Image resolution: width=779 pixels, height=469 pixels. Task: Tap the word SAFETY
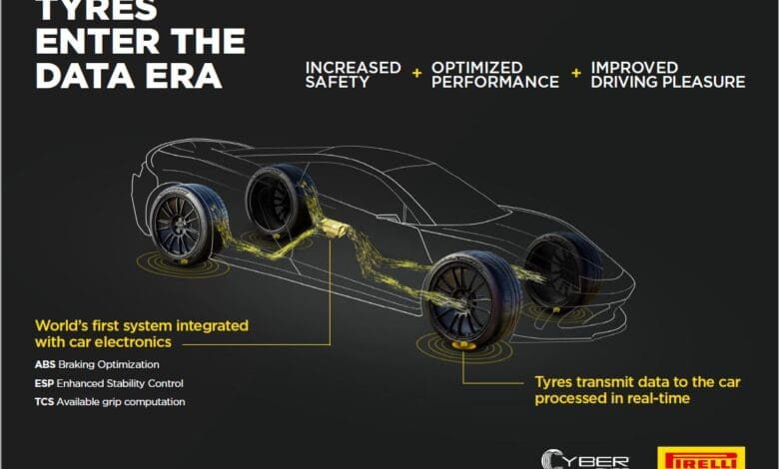337,82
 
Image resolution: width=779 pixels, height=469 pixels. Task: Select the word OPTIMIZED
476,68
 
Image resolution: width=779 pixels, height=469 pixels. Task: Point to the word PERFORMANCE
494,82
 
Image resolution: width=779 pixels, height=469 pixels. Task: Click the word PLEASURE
702,82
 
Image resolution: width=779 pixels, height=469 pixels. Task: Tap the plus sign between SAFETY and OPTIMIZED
416,74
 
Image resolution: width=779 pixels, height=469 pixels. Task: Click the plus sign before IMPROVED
576,74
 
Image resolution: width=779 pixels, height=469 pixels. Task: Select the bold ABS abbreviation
45,365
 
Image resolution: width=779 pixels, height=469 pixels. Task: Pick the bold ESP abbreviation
44,383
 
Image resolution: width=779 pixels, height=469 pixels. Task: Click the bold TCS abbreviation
44,402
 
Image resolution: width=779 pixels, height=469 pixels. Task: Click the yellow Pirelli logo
701,458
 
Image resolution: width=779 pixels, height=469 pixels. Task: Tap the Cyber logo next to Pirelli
585,459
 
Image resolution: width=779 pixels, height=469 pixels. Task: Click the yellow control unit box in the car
335,229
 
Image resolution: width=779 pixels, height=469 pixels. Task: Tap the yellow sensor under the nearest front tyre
463,345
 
